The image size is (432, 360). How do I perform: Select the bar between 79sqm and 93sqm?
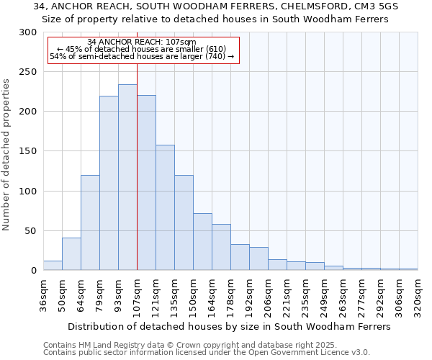(x=109, y=183)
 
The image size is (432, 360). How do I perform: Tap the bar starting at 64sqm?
(x=90, y=222)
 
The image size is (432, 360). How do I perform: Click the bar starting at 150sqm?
(x=202, y=241)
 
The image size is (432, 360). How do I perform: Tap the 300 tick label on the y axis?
(x=28, y=32)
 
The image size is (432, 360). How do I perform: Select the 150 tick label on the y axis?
(x=28, y=151)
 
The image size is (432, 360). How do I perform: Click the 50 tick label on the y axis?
(x=31, y=231)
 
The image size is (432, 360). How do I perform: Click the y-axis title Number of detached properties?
(x=7, y=155)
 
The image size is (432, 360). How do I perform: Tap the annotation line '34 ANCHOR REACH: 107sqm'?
(x=141, y=42)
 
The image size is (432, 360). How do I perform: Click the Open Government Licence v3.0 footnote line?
(x=206, y=353)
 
